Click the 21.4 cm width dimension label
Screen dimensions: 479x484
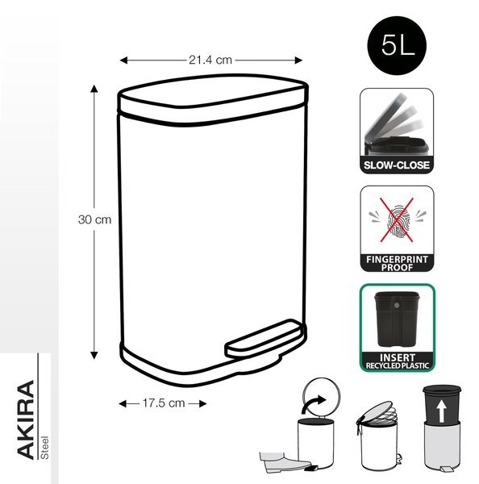(x=210, y=60)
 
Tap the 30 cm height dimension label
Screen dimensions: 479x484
(x=94, y=219)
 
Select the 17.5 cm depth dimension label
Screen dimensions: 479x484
(x=164, y=403)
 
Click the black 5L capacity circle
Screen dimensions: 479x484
(x=397, y=46)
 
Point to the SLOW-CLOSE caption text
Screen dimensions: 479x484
(x=397, y=165)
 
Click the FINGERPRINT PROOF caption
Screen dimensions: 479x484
(x=397, y=263)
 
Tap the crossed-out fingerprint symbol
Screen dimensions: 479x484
(x=397, y=220)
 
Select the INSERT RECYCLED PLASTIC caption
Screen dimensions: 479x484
(x=398, y=361)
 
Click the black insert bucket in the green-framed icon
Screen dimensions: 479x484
(x=396, y=319)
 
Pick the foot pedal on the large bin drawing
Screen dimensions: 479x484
(x=264, y=339)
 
